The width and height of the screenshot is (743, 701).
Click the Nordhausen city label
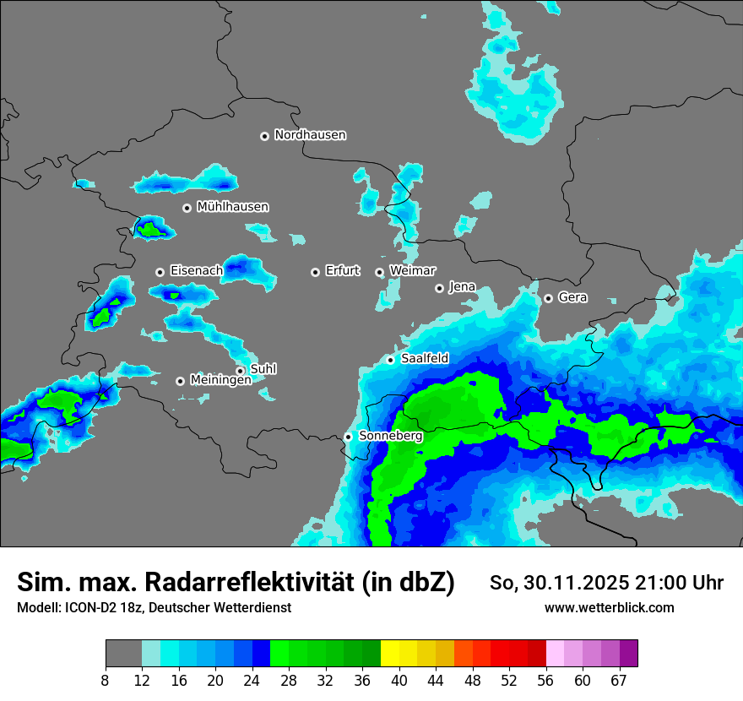point(310,135)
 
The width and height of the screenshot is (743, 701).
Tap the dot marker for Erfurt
point(315,272)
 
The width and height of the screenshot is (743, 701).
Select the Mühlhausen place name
point(232,207)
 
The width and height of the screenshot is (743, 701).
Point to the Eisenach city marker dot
point(160,272)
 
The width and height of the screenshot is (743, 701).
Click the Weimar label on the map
point(412,271)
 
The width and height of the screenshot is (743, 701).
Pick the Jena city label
point(462,287)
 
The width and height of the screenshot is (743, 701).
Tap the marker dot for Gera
point(548,298)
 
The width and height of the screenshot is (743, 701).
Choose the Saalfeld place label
point(425,359)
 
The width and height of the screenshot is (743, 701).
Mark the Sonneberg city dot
point(348,437)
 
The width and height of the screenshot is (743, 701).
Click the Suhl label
point(263,369)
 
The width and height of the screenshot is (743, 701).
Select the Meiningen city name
point(220,380)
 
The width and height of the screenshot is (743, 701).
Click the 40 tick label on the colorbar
point(399,680)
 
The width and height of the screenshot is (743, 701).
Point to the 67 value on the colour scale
point(619,680)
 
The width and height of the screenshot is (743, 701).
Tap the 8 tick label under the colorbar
point(105,680)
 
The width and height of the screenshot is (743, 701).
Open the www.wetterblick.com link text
point(609,608)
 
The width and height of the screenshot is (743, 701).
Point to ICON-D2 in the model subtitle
point(94,608)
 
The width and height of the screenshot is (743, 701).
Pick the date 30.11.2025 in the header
point(563,583)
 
